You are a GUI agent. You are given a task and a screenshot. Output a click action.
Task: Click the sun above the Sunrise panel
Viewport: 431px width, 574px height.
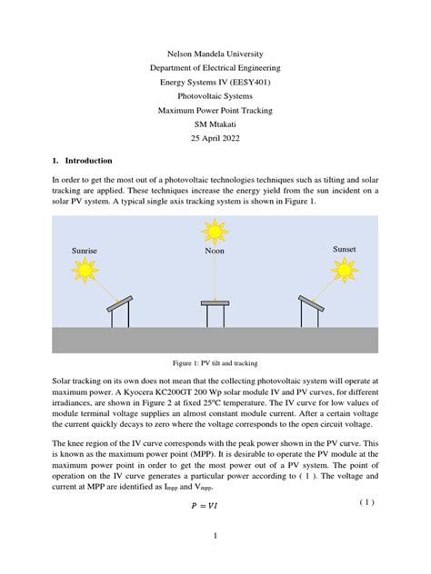point(85,270)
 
